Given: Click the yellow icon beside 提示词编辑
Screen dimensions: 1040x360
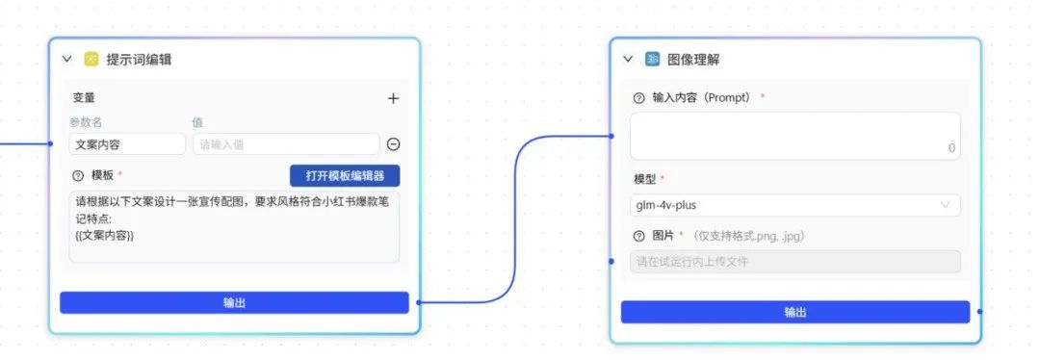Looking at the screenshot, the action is point(91,59).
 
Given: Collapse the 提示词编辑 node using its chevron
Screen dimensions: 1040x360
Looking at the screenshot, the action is point(67,59).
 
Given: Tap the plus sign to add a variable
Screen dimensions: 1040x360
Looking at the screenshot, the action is point(393,98).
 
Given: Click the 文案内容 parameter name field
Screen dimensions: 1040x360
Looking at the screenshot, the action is point(127,144).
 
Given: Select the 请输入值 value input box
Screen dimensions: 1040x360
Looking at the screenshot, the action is point(285,144).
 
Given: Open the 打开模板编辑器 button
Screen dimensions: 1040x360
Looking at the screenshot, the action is point(345,176).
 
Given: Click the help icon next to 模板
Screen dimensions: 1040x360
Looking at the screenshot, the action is point(78,176).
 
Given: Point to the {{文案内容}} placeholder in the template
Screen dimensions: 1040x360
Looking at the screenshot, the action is point(104,235).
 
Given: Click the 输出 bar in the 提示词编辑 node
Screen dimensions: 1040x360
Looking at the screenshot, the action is point(234,302).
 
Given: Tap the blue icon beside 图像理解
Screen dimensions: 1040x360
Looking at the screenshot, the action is point(653,59).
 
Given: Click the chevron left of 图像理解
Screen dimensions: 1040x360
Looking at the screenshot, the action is point(628,59).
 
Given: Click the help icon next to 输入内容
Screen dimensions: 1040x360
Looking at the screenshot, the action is point(638,98).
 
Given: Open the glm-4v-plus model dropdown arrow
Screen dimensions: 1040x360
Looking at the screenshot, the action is point(945,205).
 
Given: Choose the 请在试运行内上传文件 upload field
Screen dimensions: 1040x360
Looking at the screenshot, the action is point(795,261).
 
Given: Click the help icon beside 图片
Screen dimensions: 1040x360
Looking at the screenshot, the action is point(638,236).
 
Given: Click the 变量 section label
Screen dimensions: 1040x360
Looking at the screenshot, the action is point(84,98).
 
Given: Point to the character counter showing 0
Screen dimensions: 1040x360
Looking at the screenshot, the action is point(951,148).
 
